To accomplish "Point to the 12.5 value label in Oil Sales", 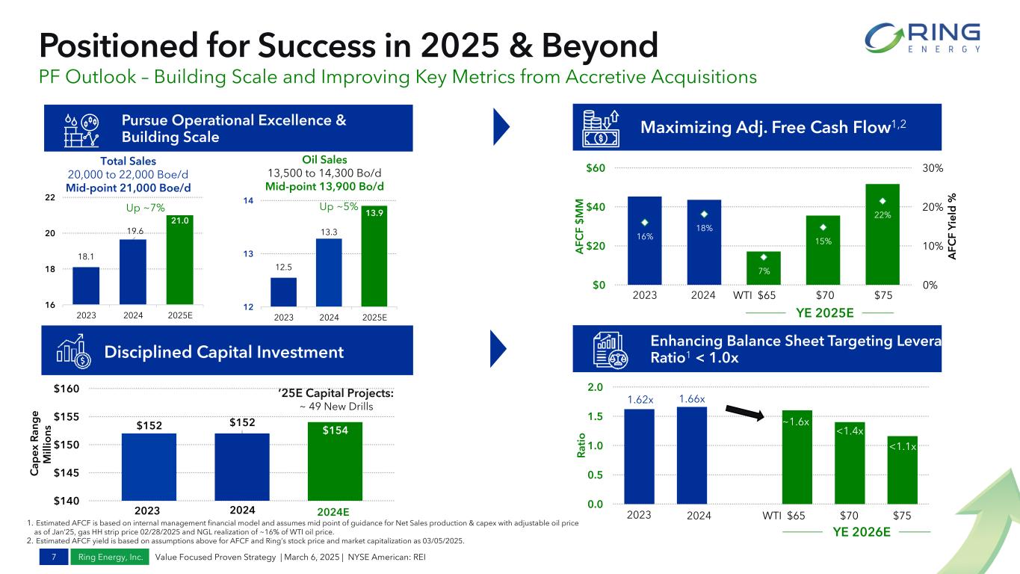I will (283, 267).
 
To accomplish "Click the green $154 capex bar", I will (335, 460).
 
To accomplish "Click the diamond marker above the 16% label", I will (645, 222).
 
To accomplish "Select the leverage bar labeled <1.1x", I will (902, 469).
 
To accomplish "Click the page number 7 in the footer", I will (55, 557).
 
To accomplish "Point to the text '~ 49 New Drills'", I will (335, 406).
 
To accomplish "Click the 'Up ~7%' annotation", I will (146, 206).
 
